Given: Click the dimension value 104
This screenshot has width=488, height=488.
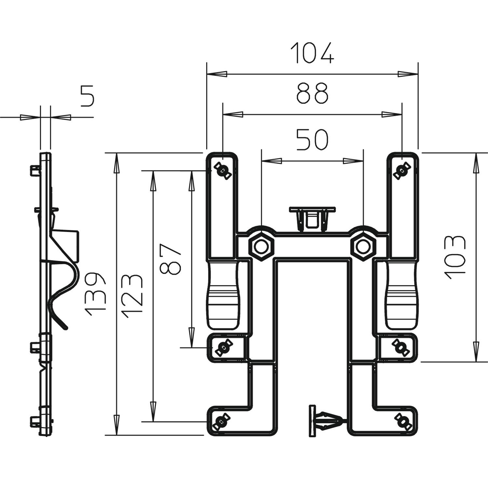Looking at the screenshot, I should tap(312, 53).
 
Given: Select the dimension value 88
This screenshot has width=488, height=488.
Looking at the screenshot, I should tap(312, 93).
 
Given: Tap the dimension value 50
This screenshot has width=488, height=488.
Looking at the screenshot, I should tap(312, 140).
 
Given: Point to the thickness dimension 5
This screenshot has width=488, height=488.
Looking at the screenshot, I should tap(87, 96).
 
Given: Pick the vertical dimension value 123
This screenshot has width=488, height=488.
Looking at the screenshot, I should tap(132, 296).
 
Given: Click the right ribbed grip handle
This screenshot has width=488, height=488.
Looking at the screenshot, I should tap(402, 296).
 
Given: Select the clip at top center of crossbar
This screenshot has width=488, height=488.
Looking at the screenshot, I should tap(312, 218).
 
